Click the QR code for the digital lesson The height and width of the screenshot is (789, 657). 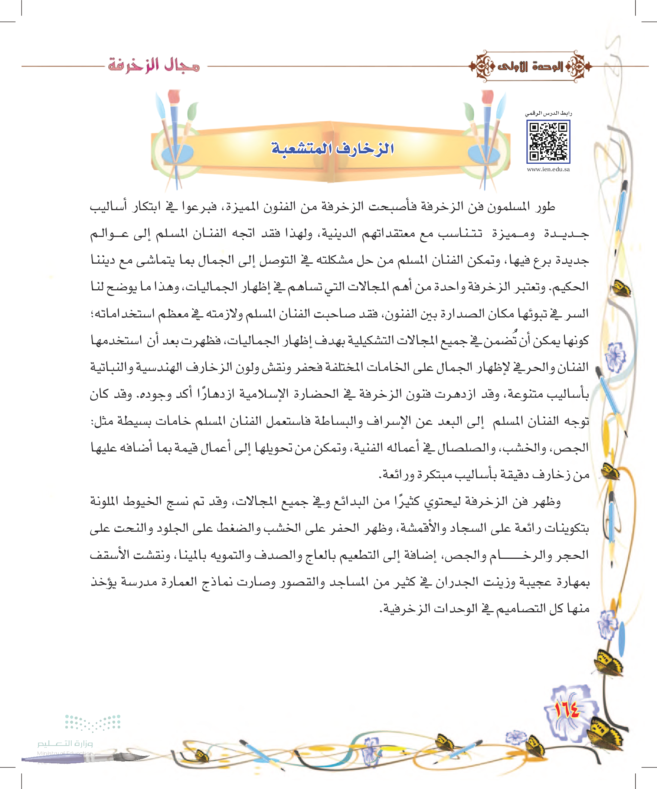click(548, 141)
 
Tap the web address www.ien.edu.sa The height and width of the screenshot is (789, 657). click(548, 169)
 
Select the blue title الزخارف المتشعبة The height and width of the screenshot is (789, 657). click(332, 149)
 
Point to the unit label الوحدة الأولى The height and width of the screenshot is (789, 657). click(530, 66)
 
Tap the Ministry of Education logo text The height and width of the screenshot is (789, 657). click(65, 744)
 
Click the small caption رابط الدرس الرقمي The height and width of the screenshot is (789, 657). click(548, 113)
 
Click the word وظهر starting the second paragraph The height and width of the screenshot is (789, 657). click(546, 502)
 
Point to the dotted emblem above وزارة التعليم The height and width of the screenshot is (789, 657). click(92, 722)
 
